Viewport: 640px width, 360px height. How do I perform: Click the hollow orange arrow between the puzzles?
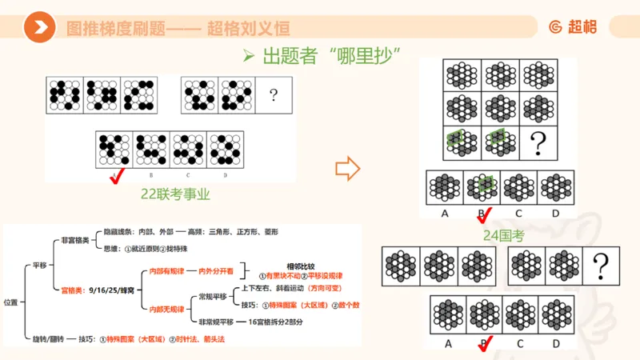click(346, 169)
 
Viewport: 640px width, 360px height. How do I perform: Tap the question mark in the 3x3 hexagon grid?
click(538, 142)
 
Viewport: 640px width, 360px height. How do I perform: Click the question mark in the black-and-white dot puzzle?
click(274, 97)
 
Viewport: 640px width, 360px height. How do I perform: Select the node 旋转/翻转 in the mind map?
click(43, 338)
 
